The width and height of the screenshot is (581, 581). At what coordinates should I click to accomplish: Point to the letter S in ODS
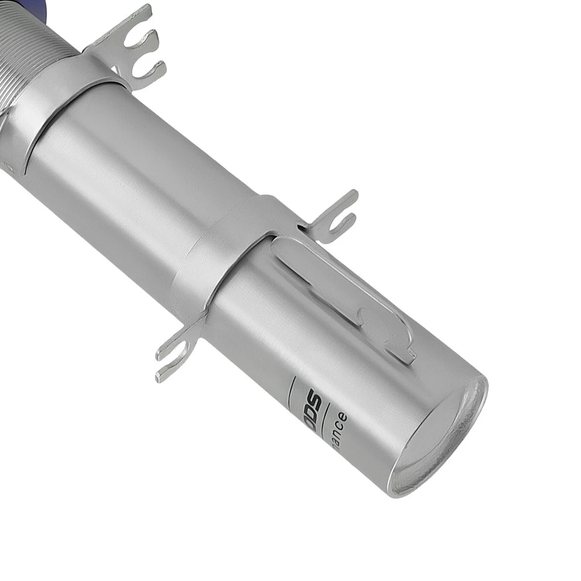click(312, 397)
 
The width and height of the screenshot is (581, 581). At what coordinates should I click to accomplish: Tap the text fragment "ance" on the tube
click(339, 430)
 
